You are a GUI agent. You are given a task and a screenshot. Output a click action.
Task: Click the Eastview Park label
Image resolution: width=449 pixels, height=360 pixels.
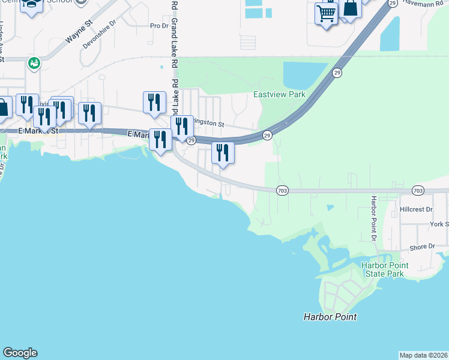tap(279, 94)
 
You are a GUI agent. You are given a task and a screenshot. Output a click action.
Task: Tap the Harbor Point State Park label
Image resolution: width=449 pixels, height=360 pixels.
tap(384, 269)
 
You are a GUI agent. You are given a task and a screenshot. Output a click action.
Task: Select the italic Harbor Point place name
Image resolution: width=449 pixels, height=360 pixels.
tap(330, 317)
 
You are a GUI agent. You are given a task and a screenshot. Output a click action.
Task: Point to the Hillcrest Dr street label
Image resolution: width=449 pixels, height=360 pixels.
tap(416, 209)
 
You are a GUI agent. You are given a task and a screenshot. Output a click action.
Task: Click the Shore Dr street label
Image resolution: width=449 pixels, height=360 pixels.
tap(422, 247)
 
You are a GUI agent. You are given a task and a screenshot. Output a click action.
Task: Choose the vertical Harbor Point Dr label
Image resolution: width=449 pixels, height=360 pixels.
tap(373, 219)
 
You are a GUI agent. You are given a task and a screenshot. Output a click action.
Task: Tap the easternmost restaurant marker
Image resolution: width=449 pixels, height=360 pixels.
tap(223, 152)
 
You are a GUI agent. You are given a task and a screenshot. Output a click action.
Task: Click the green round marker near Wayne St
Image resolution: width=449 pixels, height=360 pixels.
tap(34, 62)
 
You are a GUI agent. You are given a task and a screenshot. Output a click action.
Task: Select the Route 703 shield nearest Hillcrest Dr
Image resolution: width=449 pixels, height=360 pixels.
tap(418, 190)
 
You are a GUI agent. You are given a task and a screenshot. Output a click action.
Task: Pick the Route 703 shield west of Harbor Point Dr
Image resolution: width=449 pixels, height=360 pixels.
tap(282, 190)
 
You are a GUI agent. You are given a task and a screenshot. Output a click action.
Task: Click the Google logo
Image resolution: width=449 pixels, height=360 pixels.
tap(20, 353)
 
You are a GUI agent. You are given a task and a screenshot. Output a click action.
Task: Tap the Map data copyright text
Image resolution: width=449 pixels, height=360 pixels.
tap(423, 355)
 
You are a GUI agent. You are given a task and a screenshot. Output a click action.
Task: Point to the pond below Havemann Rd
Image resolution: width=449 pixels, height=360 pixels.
tap(390, 33)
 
